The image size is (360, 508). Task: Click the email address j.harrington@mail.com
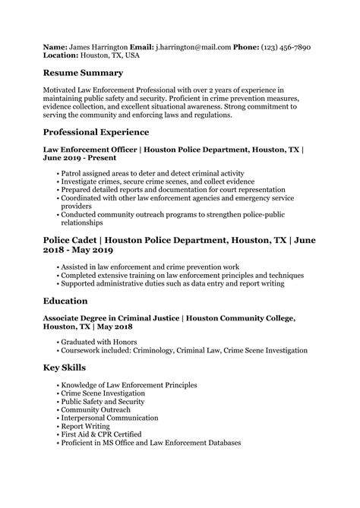(x=194, y=47)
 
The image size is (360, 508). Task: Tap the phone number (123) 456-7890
(x=284, y=47)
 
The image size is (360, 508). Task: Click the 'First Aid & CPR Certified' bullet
(x=103, y=434)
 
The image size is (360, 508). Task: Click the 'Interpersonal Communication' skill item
(x=110, y=418)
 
